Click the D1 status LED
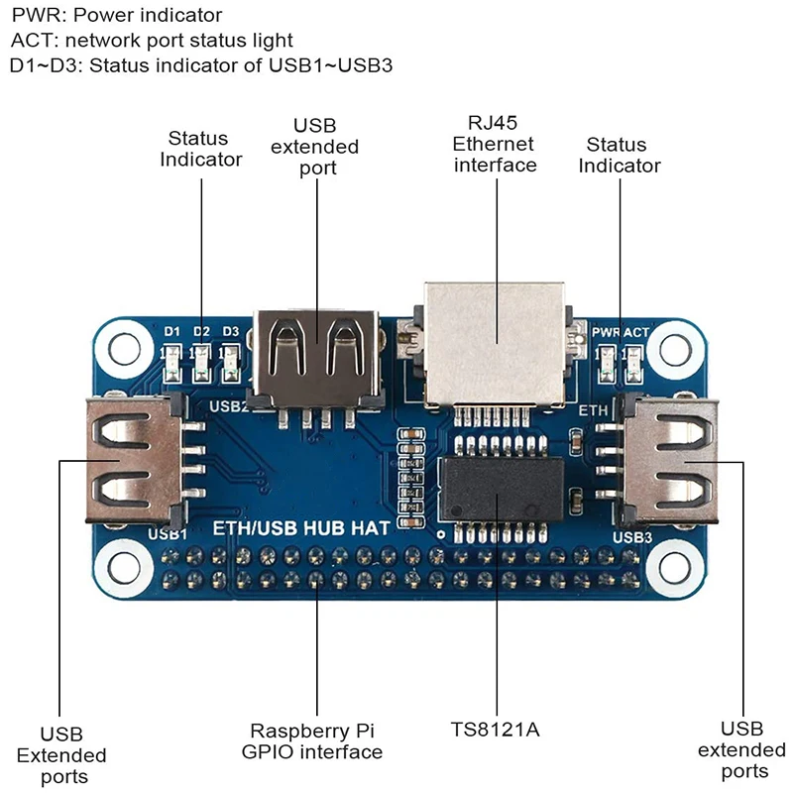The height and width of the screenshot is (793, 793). point(171,361)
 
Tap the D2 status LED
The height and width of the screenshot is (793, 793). point(201,361)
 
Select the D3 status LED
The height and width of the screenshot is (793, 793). point(231,361)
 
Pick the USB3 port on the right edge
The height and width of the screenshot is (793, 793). point(669,460)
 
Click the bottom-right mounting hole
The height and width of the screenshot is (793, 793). point(675,568)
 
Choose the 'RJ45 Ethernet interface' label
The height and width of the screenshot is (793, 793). point(495,144)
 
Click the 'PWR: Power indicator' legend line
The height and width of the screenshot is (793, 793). point(117,16)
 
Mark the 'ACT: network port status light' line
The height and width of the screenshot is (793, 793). point(152,41)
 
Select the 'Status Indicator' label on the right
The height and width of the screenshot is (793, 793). point(620,156)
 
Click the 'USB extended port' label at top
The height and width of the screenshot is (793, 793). point(315,147)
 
